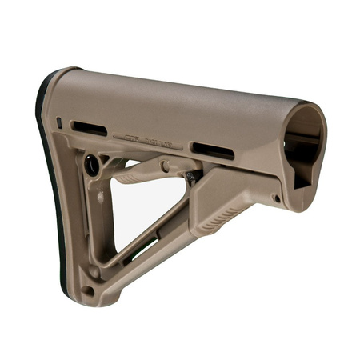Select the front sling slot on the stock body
tap(212, 151)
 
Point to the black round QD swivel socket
tap(92, 166)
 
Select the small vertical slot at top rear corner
tap(58, 122)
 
